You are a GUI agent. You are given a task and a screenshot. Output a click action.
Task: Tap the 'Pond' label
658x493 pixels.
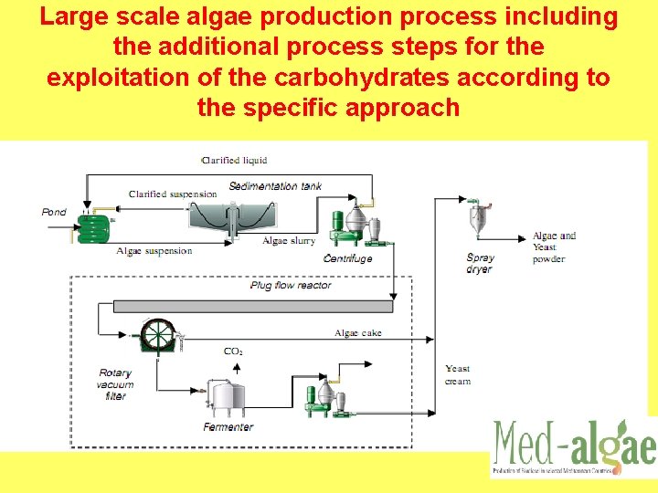54,212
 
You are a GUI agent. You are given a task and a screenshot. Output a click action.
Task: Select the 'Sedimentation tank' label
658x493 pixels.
275,186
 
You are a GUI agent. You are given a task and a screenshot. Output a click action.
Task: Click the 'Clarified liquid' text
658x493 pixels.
234,160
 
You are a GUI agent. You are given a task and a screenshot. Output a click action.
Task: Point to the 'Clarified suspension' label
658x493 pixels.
173,194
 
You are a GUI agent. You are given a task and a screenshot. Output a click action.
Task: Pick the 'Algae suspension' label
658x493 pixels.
154,251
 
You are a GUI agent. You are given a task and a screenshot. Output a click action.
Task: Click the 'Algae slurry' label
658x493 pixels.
288,241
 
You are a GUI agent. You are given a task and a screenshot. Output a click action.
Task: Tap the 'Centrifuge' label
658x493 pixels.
348,258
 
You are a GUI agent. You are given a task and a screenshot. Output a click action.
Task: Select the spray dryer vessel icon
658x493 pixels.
479,219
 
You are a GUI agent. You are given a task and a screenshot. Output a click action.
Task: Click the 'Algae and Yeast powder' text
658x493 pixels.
555,246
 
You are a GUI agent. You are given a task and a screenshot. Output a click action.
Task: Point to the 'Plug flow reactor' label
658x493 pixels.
291,285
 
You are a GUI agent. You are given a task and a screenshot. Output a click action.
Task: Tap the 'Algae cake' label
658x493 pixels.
358,333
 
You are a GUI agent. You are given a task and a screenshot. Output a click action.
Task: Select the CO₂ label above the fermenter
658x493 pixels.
233,351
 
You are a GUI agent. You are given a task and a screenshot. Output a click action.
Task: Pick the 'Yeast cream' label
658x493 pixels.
458,374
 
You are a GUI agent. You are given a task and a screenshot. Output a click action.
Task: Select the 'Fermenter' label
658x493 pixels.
228,427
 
